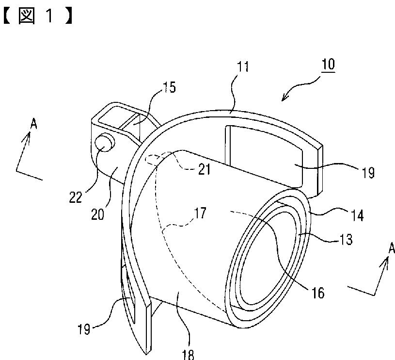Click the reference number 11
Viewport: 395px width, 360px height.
[x=243, y=66]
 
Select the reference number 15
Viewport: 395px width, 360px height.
[x=170, y=87]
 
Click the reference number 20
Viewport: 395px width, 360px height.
[x=98, y=214]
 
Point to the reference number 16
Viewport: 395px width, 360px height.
[x=318, y=293]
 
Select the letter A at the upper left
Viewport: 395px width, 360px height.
[x=33, y=124]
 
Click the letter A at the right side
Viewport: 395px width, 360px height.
[x=392, y=249]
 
